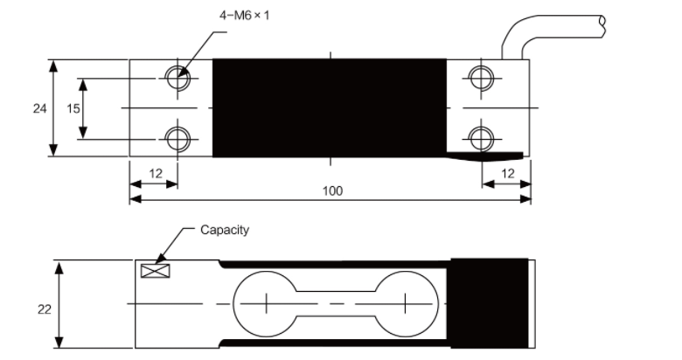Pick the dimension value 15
[x=73, y=108]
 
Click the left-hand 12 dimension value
[x=155, y=173]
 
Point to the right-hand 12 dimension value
[x=507, y=173]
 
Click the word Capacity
[x=225, y=230]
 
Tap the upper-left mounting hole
[x=177, y=77]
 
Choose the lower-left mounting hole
[x=177, y=137]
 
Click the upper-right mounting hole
[x=479, y=77]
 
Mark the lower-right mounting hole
[x=479, y=137]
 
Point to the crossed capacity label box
[x=155, y=270]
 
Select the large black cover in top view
[x=330, y=107]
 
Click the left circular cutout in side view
[x=263, y=302]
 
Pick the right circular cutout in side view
[x=406, y=302]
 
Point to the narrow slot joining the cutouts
[x=335, y=302]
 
